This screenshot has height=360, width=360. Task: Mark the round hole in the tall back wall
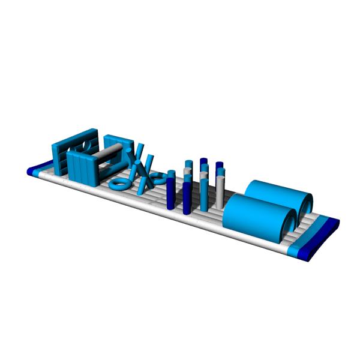click(x=86, y=146)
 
